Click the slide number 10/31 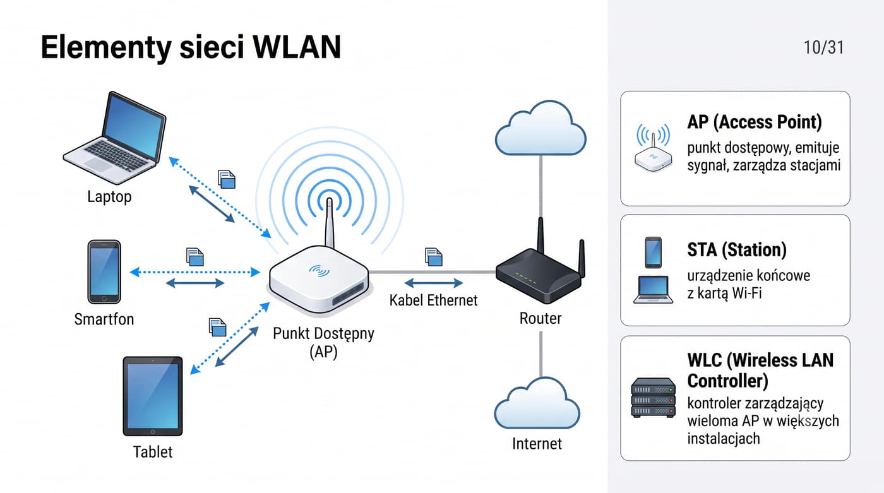(823, 48)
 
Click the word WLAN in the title (297, 47)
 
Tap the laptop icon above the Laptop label (114, 138)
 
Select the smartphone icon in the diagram (104, 271)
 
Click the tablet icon (153, 396)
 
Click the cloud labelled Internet (537, 403)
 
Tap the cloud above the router (541, 128)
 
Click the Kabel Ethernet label (433, 300)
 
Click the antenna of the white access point (330, 223)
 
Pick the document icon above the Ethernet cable (434, 257)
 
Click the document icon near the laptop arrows (227, 179)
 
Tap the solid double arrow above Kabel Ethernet (433, 283)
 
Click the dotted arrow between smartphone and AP (195, 272)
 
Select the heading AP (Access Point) (755, 122)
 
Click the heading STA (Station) (737, 249)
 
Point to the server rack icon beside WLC (654, 398)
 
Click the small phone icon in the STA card (653, 252)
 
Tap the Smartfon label (104, 319)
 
